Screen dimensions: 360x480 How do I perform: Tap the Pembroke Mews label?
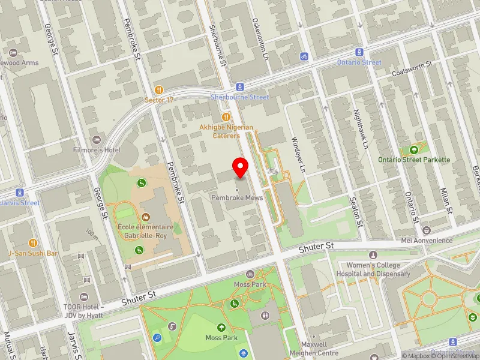236,197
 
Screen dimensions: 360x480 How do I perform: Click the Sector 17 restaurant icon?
159,89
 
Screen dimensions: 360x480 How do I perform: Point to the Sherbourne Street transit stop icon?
239,86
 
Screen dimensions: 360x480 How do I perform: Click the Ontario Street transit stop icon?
359,52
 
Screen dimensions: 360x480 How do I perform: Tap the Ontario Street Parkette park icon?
414,149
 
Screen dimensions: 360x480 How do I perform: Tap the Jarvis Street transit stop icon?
20,193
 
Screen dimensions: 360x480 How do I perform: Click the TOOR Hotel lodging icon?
84,297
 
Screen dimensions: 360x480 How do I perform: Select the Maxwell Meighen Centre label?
314,349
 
